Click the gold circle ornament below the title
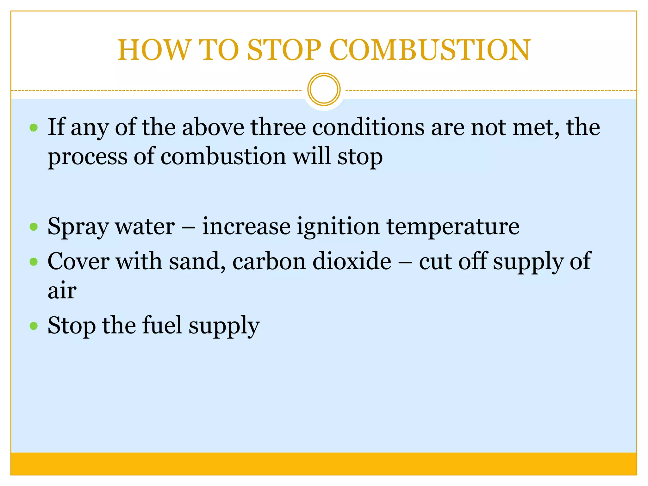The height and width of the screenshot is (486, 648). click(324, 90)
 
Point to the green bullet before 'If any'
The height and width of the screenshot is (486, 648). click(34, 128)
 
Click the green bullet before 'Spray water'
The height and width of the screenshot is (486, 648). click(34, 227)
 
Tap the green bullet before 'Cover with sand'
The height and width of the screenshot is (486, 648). click(34, 262)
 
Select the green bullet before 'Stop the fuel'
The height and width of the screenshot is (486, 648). click(34, 326)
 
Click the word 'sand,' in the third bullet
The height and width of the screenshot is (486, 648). click(197, 262)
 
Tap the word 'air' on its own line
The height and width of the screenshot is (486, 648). click(62, 291)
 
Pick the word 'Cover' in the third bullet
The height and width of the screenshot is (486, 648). click(78, 262)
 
